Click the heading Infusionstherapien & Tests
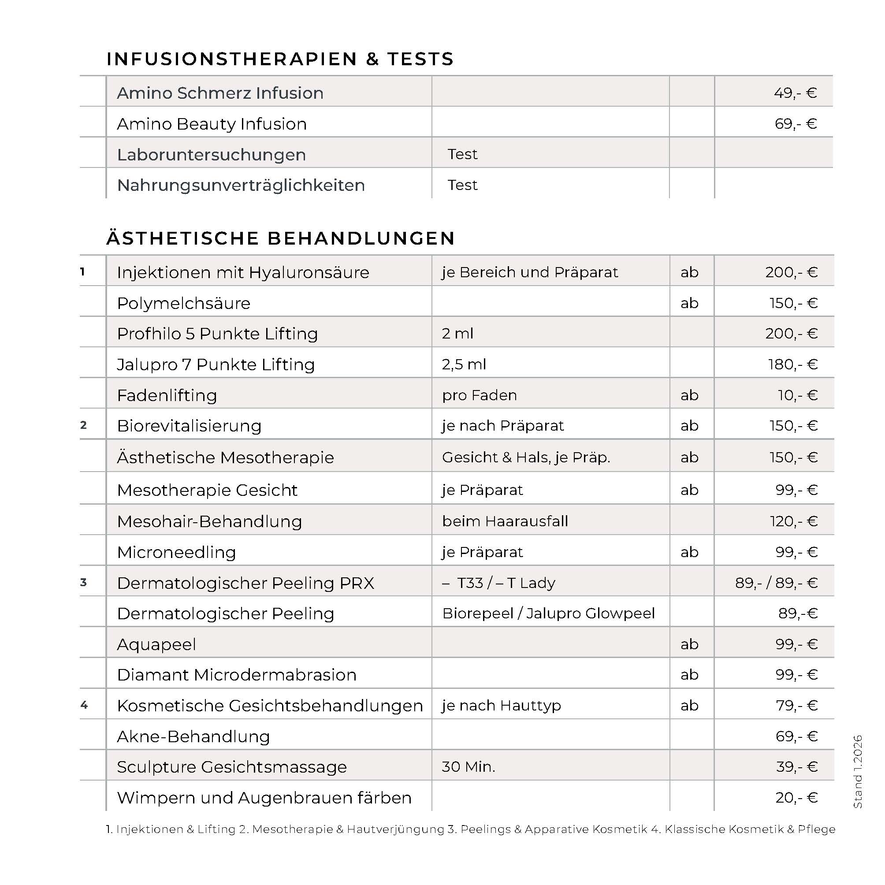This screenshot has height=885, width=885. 280,59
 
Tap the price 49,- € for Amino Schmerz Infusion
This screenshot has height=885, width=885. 795,93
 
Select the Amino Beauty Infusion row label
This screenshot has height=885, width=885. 212,124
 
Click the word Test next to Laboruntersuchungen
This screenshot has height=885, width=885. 462,154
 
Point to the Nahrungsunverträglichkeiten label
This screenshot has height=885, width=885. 241,185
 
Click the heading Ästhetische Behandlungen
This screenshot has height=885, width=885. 280,238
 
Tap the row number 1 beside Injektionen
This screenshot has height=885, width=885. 82,271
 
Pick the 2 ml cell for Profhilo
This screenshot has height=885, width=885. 457,334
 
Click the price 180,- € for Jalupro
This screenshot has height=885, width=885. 792,364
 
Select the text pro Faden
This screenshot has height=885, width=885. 479,395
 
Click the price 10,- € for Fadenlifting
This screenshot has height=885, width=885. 797,395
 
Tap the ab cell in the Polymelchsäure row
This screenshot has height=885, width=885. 689,303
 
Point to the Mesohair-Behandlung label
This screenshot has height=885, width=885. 209,521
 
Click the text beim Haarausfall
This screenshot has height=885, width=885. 505,521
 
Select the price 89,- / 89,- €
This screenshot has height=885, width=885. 776,583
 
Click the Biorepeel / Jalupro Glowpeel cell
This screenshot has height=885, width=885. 548,614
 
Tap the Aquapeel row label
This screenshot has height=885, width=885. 156,644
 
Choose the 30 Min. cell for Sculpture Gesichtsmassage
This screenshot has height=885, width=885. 468,766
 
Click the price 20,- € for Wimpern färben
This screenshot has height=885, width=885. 796,797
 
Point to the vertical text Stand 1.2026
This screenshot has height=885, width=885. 858,771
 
